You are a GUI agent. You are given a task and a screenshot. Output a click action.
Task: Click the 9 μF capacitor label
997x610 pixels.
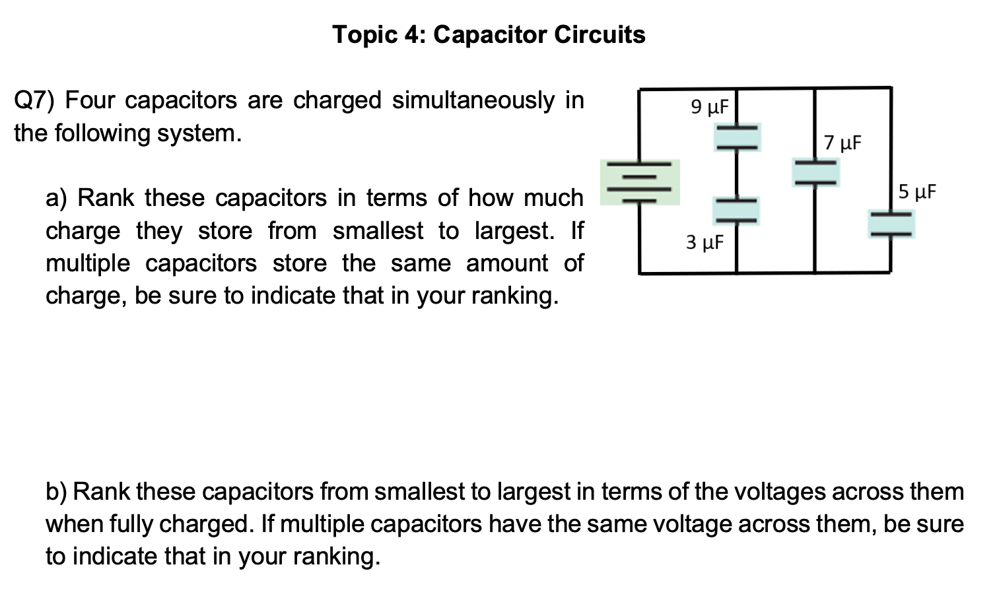click(x=709, y=106)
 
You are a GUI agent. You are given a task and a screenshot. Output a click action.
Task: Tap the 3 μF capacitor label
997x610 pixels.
click(x=705, y=242)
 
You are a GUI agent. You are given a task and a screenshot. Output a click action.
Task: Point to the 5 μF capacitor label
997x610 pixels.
click(x=917, y=192)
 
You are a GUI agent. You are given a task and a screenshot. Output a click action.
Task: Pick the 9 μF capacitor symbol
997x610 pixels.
click(x=736, y=137)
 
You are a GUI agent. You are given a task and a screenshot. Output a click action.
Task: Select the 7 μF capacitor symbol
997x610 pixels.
click(x=815, y=172)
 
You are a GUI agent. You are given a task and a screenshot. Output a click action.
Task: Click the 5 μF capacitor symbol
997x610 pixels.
click(x=891, y=223)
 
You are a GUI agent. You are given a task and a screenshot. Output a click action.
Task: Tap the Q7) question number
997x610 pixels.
click(x=35, y=101)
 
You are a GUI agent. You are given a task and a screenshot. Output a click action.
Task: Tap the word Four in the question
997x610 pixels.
click(x=90, y=101)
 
